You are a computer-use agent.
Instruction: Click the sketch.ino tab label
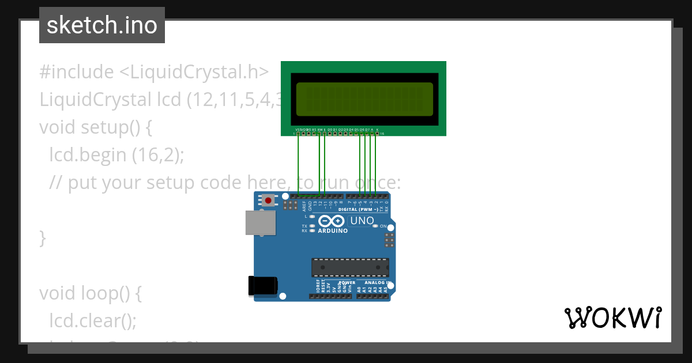(x=102, y=25)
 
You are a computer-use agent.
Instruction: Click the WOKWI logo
(x=612, y=318)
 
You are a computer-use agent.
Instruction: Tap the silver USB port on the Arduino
(x=260, y=222)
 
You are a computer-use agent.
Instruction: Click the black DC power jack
(x=262, y=286)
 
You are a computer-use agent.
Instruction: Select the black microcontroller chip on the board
(x=350, y=267)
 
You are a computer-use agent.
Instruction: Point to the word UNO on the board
(x=362, y=221)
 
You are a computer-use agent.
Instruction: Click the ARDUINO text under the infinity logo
(x=333, y=231)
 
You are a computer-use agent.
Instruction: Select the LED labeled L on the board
(x=312, y=216)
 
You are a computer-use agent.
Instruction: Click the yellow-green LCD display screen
(x=364, y=99)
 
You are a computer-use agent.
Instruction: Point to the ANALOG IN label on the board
(x=377, y=283)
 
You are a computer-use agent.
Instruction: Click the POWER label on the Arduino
(x=347, y=283)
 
